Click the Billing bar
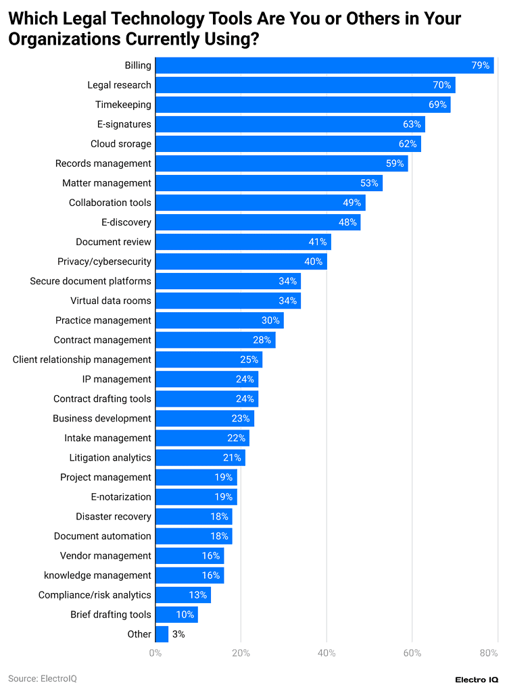click(324, 66)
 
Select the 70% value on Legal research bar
click(442, 85)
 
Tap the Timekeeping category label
click(123, 105)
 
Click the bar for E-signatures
click(290, 124)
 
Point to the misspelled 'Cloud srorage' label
click(121, 144)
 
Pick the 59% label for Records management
click(395, 163)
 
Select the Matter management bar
click(269, 183)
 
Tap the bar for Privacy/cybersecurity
click(241, 261)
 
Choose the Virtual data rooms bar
click(228, 301)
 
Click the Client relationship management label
click(82, 359)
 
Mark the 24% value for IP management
click(245, 379)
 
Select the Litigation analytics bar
click(200, 457)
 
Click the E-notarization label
click(121, 496)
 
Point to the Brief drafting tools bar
click(176, 615)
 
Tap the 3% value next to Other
click(178, 634)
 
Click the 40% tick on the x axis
click(327, 653)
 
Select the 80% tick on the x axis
click(489, 653)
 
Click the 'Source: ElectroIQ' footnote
click(43, 678)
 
